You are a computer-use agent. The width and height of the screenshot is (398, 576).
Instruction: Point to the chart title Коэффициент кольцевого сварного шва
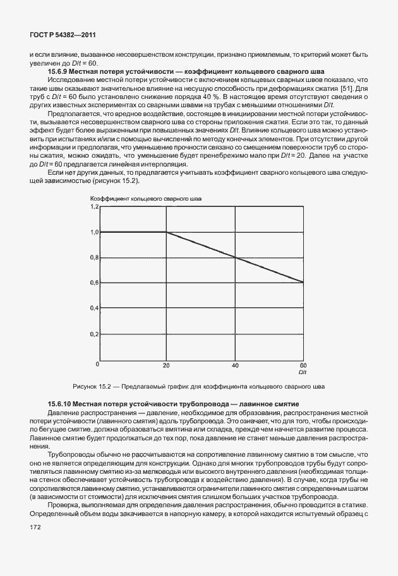147,199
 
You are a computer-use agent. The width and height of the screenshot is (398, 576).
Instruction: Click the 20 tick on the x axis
167,365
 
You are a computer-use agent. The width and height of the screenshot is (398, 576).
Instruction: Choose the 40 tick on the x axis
236,365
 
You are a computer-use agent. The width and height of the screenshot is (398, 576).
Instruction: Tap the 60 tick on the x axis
302,365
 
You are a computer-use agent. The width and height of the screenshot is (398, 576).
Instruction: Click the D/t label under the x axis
303,372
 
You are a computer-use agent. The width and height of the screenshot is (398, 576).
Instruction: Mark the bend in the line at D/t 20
167,232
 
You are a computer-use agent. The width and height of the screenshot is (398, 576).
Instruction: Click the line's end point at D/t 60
304,282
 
